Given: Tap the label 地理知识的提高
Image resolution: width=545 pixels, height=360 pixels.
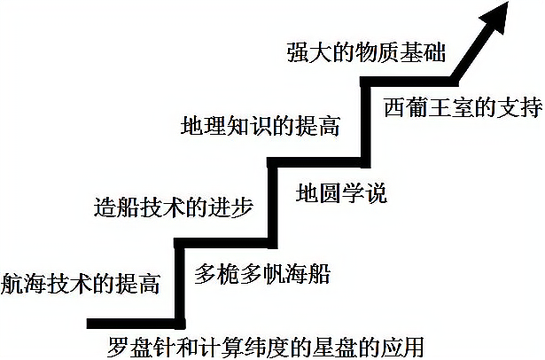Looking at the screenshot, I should [260, 125].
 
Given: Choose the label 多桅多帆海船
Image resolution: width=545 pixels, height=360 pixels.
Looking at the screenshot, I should [262, 273].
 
